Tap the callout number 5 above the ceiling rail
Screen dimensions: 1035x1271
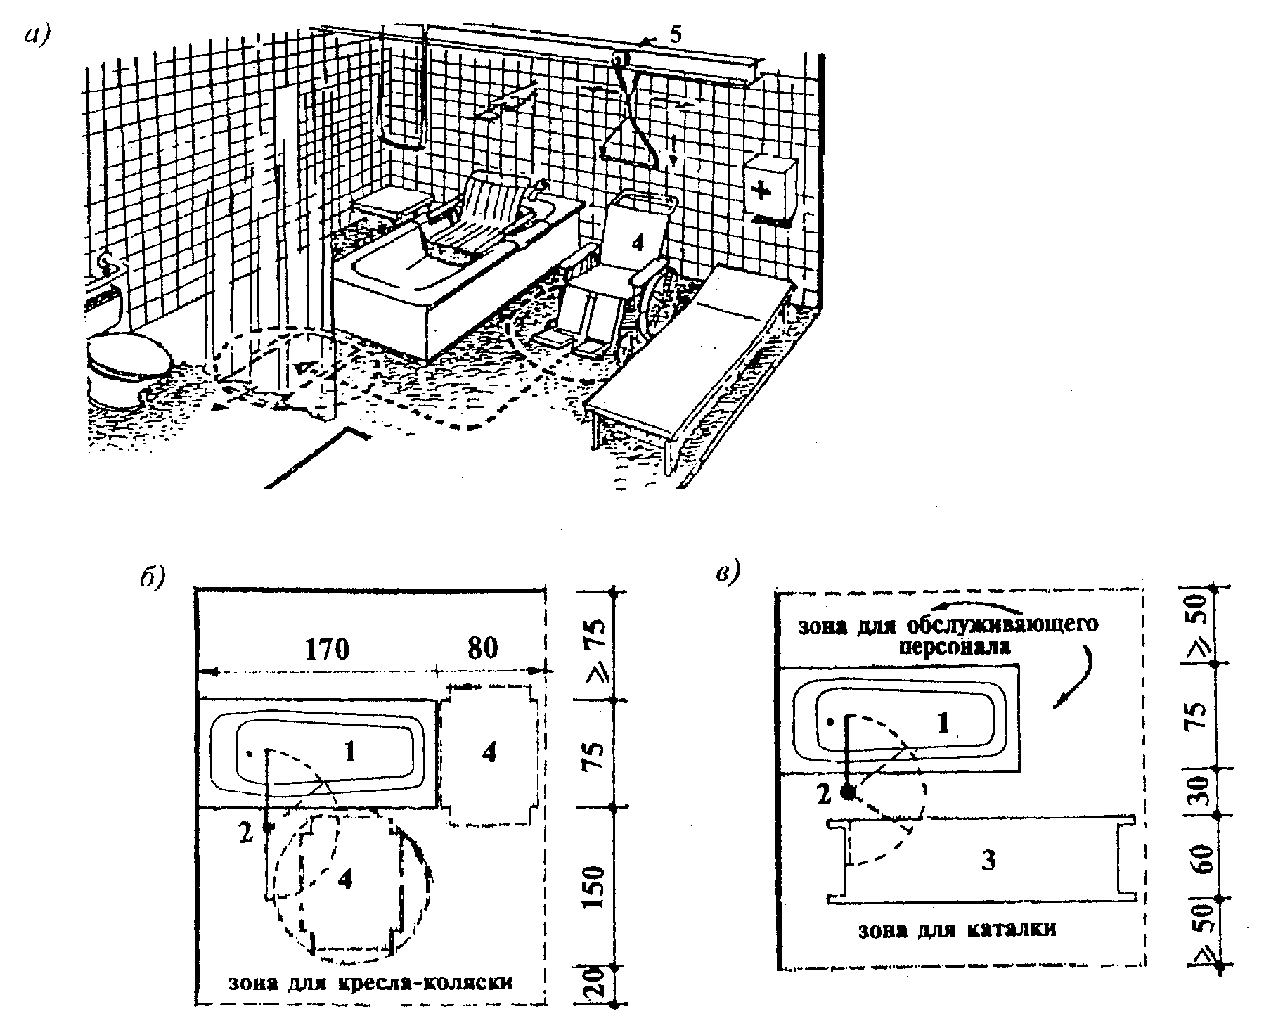pos(674,34)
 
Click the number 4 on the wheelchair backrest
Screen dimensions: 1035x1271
pos(637,243)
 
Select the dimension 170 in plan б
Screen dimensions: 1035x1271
pos(326,648)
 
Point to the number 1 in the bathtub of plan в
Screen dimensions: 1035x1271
pos(943,723)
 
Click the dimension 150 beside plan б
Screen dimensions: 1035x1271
pos(594,887)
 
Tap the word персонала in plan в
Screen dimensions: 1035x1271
pos(955,645)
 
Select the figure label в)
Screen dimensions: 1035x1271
pos(728,574)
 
